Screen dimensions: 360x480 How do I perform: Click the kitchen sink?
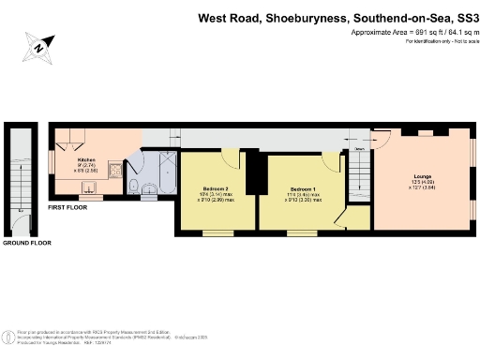[112, 172]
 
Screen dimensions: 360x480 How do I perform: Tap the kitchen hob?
[67, 146]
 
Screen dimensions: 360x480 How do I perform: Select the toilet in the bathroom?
[133, 186]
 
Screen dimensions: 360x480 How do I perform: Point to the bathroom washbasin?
[153, 192]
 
